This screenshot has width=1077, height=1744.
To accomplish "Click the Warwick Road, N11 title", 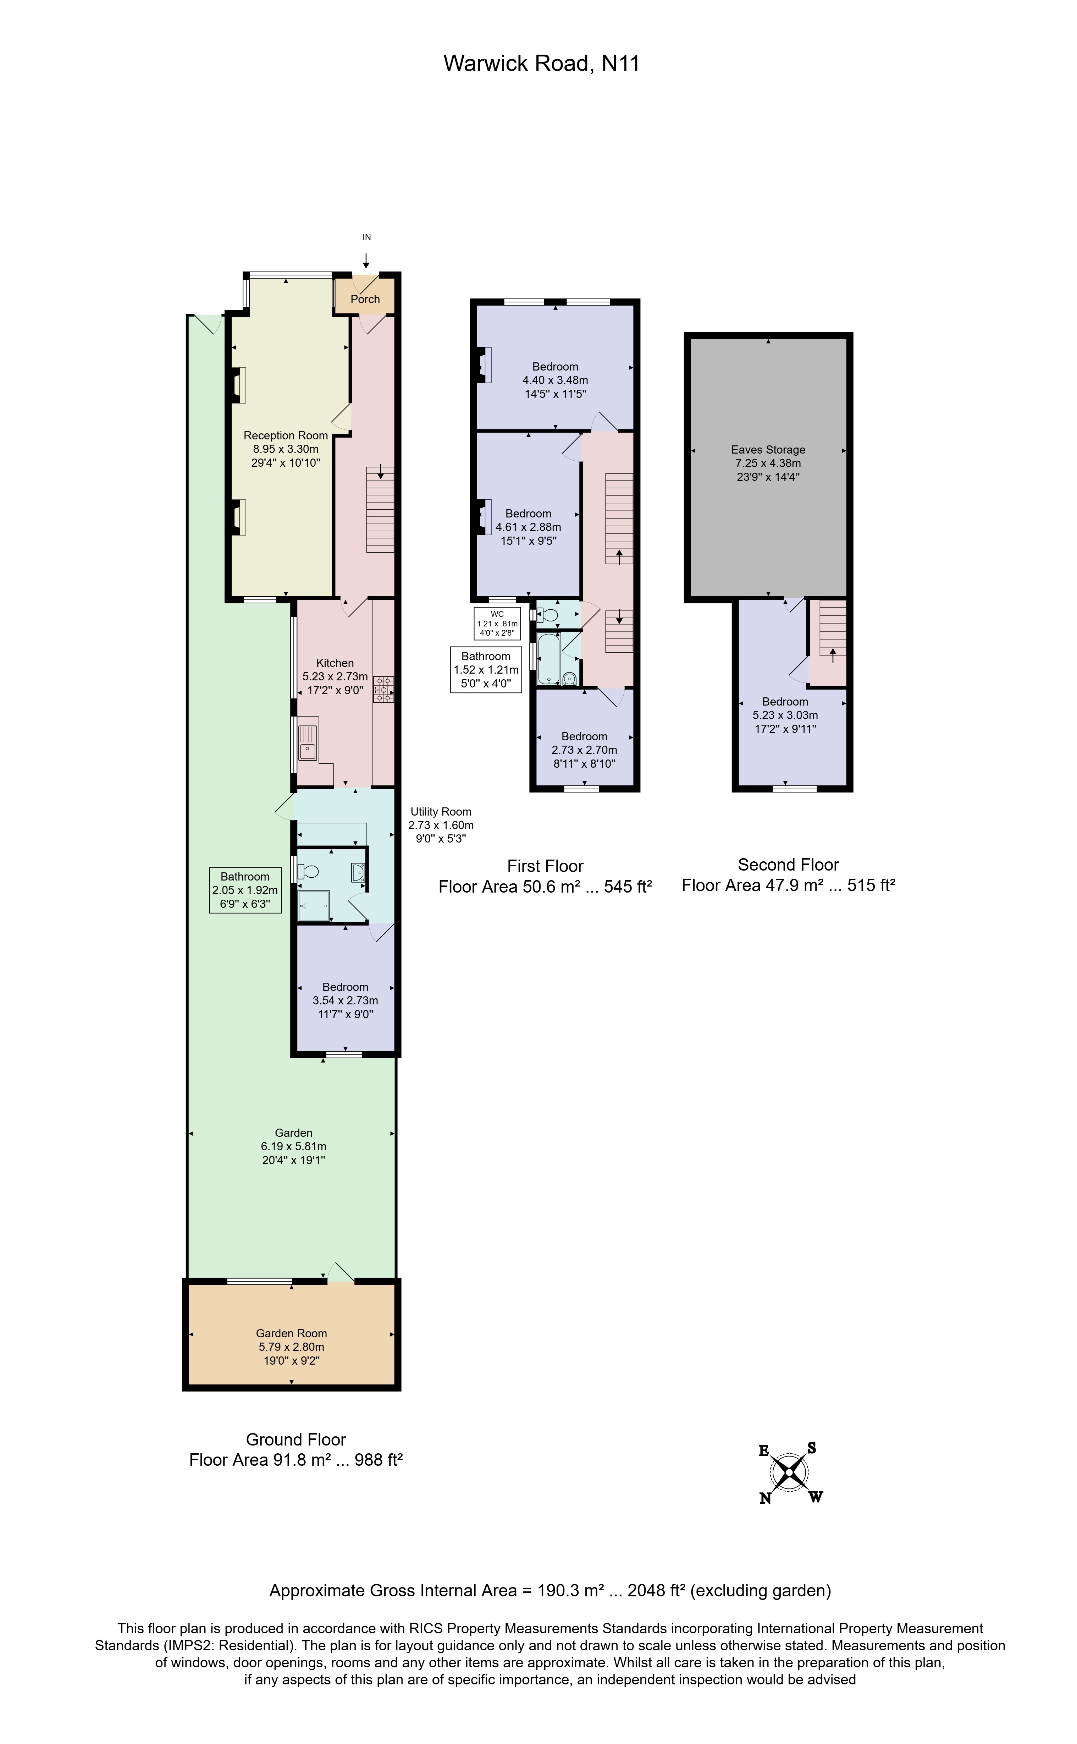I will coord(541,64).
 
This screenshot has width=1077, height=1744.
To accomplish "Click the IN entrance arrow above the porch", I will coord(366,260).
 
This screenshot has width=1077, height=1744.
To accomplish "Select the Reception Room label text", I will coord(286,435).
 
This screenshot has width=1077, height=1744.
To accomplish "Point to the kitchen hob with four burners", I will coord(383,689).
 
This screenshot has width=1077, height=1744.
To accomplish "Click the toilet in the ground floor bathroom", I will coord(308,871).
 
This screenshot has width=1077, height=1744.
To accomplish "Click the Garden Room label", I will coord(291,1333).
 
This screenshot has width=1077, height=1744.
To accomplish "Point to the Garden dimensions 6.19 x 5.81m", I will coord(293,1146).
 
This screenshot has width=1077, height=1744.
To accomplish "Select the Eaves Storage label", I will coord(768,450).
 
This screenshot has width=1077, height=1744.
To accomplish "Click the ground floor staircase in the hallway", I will coord(380,509).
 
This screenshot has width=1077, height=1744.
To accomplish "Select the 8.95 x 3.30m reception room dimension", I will coord(286,449).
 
